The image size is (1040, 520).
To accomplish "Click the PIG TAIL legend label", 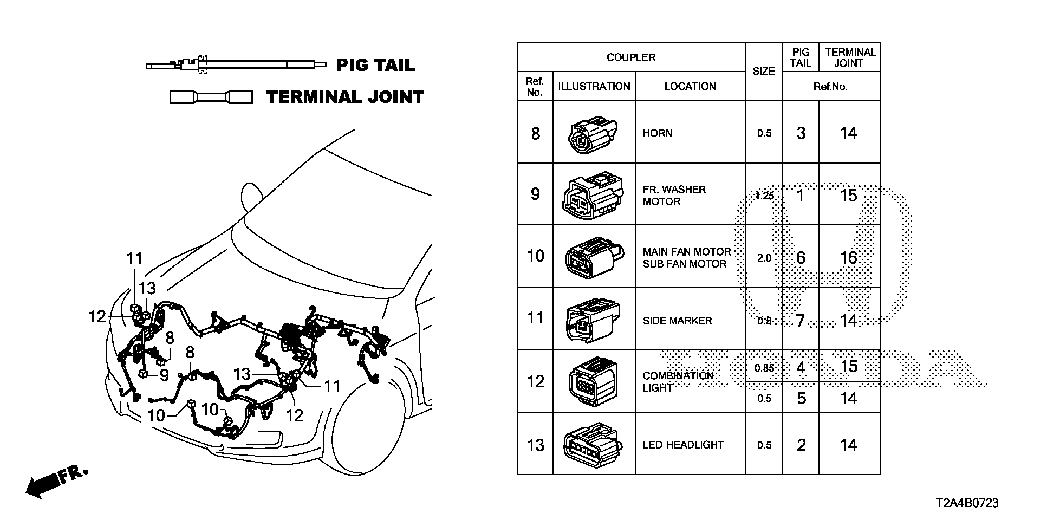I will coord(375,66).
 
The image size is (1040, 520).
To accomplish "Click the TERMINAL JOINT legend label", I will coord(345,97).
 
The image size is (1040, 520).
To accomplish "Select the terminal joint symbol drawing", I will coord(211,97).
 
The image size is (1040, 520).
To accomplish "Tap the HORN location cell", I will coord(690,133).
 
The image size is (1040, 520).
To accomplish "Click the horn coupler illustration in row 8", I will coord(593,133).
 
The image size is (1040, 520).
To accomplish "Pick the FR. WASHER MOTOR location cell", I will coord(690,196).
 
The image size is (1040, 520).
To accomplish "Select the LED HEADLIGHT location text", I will coord(683,445).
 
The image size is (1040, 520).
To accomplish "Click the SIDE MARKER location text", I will coord(677,321).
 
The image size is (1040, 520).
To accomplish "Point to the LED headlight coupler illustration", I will coord(593,445).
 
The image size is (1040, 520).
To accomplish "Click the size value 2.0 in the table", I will coord(764,258).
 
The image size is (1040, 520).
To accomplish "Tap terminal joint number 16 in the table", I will coord(848,258).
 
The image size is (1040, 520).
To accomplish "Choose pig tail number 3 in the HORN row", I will coord(801,133).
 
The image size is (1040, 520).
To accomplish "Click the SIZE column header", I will coord(763,71).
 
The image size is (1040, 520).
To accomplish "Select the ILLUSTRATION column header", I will coord(594,86).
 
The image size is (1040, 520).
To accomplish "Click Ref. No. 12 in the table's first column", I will coord(535,381).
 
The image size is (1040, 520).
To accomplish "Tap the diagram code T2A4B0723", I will coord(966,503).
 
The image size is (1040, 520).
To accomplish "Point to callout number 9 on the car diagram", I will coord(164,375).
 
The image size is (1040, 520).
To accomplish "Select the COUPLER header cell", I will coord(630,57).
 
